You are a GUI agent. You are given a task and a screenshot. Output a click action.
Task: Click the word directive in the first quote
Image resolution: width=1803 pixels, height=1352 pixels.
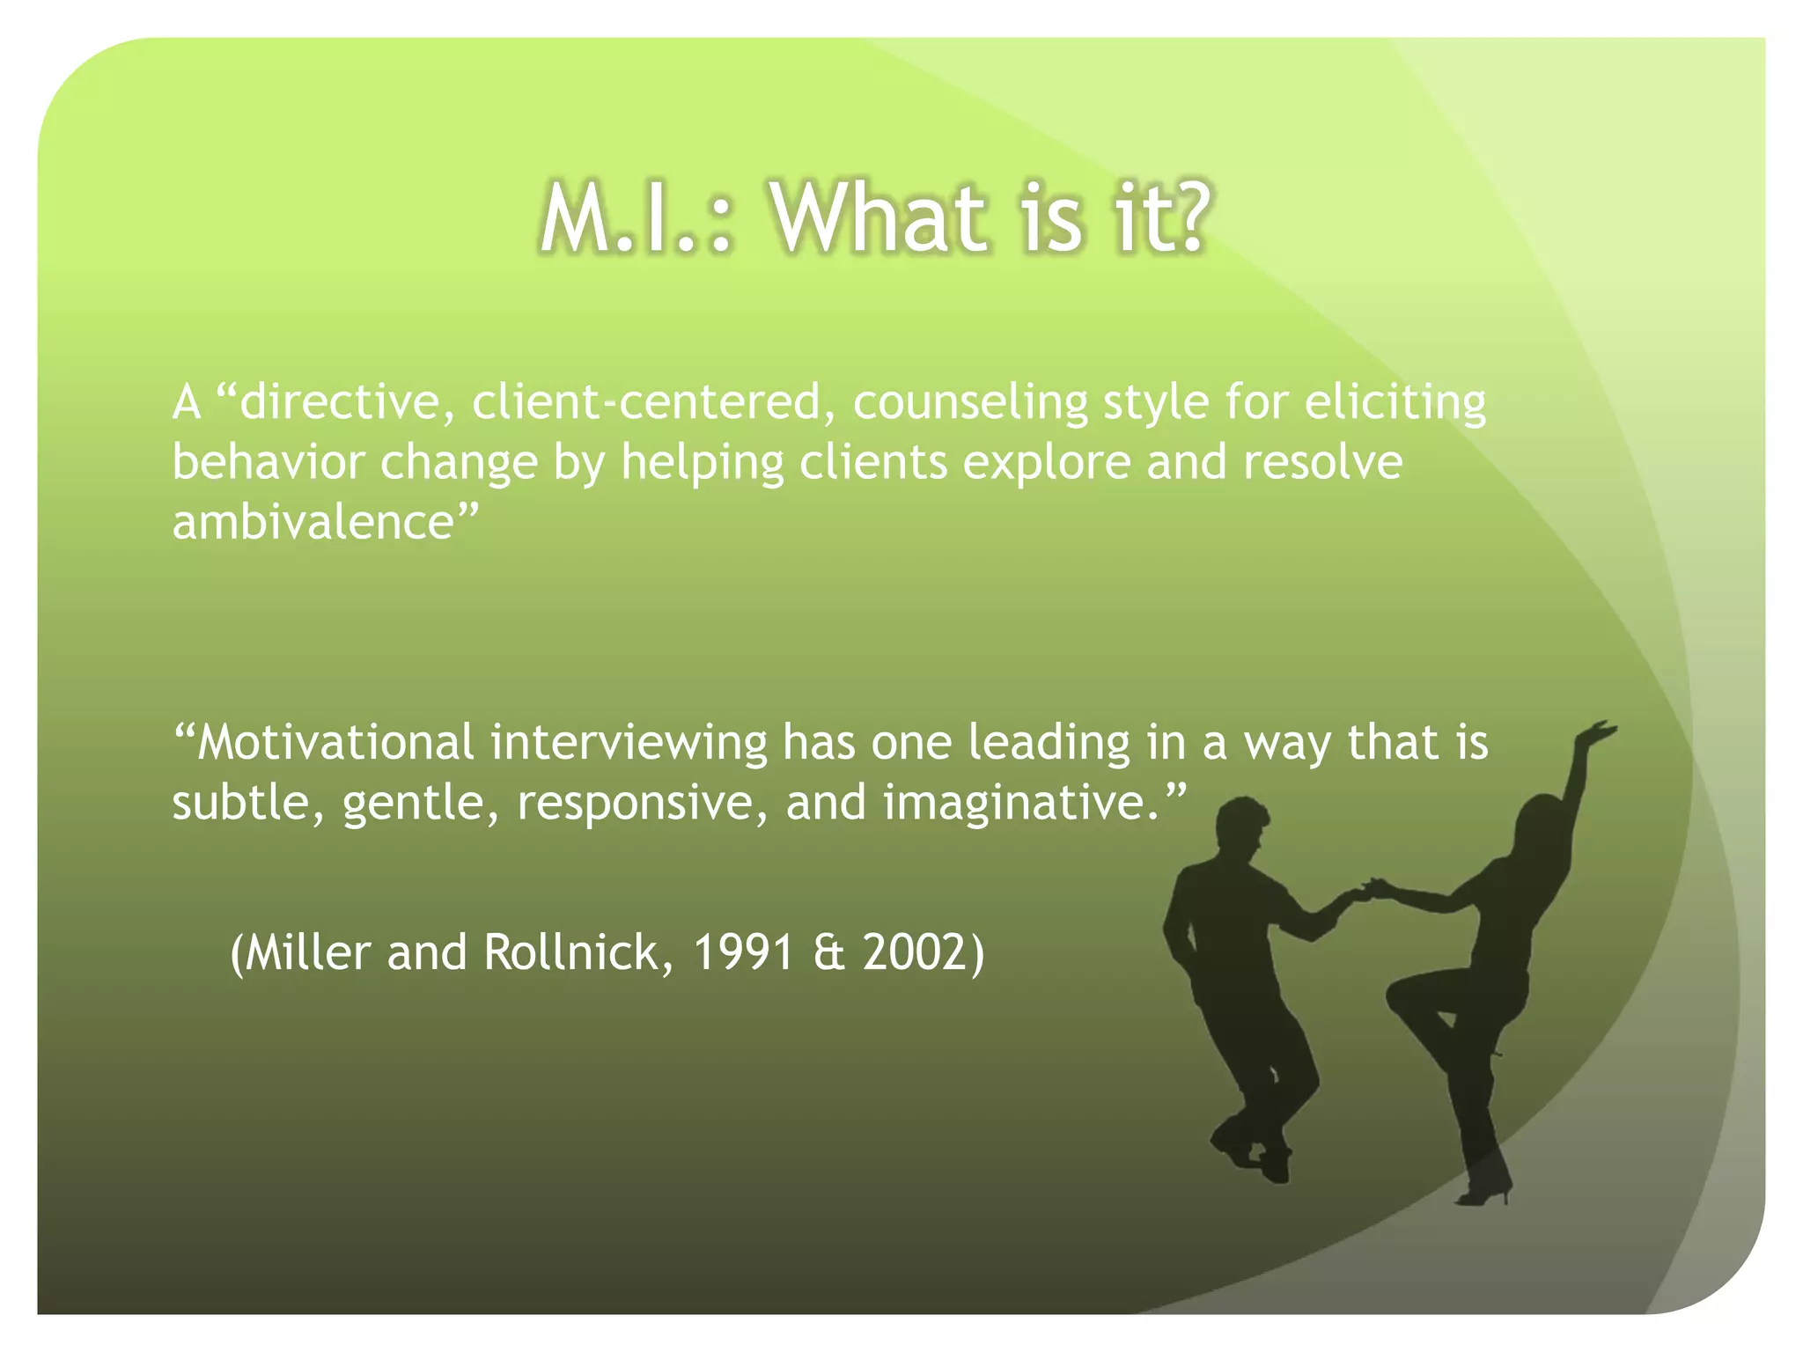339,402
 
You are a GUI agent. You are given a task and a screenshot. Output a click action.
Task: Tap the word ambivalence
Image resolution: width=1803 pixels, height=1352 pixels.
313,522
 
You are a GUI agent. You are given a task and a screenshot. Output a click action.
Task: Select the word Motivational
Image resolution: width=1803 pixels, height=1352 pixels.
335,742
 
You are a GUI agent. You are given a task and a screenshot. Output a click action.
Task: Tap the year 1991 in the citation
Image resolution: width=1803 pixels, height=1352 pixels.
744,952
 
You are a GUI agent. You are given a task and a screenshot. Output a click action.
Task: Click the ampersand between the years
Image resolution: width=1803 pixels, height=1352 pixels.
829,952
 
